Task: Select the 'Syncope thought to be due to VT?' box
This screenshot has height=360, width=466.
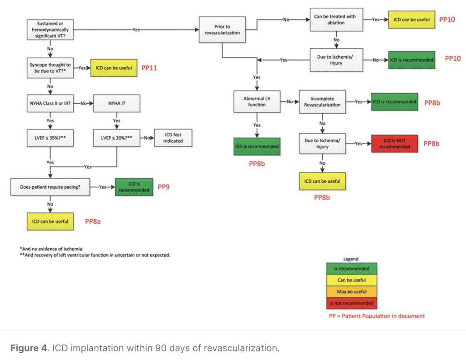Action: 50,68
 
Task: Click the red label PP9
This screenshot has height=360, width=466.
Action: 164,186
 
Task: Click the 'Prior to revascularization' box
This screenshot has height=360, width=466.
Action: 223,30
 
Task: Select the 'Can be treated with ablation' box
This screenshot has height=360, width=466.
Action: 337,20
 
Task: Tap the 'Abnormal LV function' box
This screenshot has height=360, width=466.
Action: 257,101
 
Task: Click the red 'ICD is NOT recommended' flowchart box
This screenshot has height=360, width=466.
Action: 393,144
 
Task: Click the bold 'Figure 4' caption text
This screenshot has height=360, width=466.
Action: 28,348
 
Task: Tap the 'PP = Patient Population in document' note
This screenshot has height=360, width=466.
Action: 377,316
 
